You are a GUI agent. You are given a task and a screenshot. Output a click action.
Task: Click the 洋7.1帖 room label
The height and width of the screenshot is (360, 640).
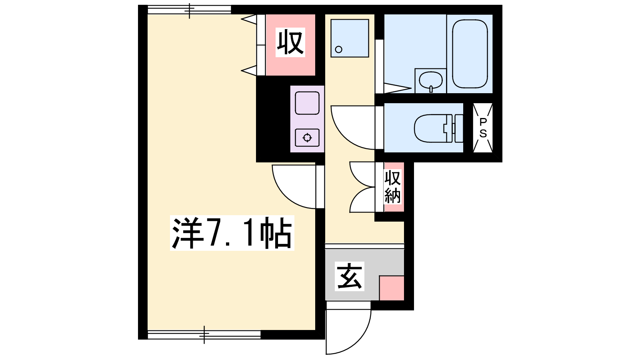[x=232, y=233]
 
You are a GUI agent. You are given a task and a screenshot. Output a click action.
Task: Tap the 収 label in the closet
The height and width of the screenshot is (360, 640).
[x=290, y=42]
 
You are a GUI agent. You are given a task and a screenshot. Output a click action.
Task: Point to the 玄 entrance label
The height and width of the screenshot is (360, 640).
[x=350, y=276]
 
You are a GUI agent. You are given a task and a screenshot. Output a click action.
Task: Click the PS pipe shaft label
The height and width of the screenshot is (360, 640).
[x=483, y=128]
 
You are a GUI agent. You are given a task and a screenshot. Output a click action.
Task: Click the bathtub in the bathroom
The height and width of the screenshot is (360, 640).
[x=470, y=54]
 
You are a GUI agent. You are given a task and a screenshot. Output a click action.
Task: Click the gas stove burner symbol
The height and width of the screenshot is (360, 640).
[x=307, y=138]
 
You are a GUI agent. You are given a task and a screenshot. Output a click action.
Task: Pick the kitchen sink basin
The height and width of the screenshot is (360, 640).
[x=307, y=103]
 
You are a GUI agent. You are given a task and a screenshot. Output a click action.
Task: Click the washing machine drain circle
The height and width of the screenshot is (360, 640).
[x=338, y=50]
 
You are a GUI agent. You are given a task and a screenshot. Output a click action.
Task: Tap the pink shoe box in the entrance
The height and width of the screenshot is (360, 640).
[x=392, y=288]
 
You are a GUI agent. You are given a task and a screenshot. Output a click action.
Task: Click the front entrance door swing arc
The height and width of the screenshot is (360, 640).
[x=358, y=343]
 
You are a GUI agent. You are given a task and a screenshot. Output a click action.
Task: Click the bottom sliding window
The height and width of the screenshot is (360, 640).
[x=204, y=334]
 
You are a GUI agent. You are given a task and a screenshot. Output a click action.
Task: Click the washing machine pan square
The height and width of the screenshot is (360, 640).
[x=350, y=38]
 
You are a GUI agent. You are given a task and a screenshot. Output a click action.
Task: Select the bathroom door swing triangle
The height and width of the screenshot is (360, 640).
[x=398, y=88]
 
